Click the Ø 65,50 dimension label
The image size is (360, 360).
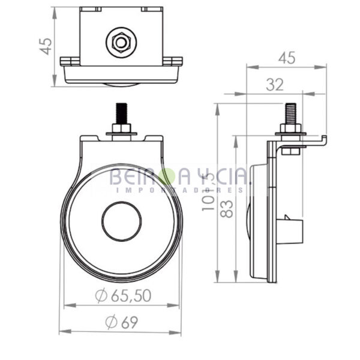[124, 295]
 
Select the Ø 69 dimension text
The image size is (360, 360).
[122, 322]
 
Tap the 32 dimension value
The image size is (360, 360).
[274, 85]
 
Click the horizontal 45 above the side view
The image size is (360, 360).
[287, 58]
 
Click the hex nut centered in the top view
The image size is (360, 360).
[121, 42]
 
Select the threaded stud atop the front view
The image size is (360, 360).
[121, 113]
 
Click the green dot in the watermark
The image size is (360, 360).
[169, 176]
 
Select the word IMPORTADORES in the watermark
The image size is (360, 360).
[180, 190]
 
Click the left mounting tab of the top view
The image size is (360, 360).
[68, 61]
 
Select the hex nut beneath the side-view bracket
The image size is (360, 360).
[290, 151]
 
